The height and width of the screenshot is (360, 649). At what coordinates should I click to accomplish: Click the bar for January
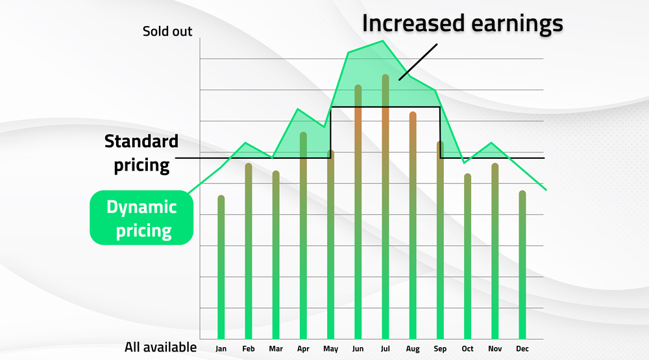pyautogui.click(x=221, y=266)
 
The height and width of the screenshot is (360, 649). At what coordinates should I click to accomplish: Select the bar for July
pyautogui.click(x=385, y=208)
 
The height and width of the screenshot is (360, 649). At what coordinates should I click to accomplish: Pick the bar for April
pyautogui.click(x=303, y=234)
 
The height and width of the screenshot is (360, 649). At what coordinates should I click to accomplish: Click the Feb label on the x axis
pyautogui.click(x=248, y=349)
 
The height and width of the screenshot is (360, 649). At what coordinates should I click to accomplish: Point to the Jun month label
pyautogui.click(x=358, y=349)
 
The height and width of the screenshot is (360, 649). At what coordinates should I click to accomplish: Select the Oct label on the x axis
pyautogui.click(x=467, y=349)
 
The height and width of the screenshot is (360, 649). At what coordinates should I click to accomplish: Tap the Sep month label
pyautogui.click(x=440, y=349)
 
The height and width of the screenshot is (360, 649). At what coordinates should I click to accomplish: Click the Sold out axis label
pyautogui.click(x=167, y=31)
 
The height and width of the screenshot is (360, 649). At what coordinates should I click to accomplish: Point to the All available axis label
pyautogui.click(x=160, y=348)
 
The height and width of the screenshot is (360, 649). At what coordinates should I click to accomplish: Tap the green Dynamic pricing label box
pyautogui.click(x=141, y=218)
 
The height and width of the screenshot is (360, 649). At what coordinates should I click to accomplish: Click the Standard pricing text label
pyautogui.click(x=141, y=153)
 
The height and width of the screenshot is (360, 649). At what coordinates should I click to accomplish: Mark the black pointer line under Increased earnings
pyautogui.click(x=419, y=62)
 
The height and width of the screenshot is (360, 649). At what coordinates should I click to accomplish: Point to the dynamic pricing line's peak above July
pyautogui.click(x=384, y=42)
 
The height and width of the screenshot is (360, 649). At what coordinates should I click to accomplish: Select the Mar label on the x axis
pyautogui.click(x=276, y=349)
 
